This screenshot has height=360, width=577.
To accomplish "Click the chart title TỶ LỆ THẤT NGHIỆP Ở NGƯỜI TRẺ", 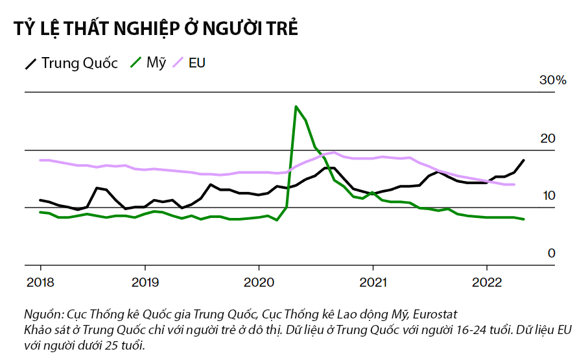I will [x=156, y=29].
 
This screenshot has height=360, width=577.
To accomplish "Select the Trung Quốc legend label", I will [x=80, y=63].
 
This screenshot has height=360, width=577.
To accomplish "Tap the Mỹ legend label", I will [x=156, y=63].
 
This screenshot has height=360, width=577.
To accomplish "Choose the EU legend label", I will [x=196, y=63].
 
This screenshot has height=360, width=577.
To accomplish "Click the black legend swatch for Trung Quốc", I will [x=31, y=64].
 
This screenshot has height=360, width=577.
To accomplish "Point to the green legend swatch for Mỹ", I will [x=135, y=63].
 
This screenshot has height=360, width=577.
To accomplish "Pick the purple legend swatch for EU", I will [x=178, y=63].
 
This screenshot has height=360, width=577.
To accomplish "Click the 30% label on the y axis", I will [x=552, y=80].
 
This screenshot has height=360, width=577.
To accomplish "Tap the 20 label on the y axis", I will [x=548, y=138].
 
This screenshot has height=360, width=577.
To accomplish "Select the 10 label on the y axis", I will [x=548, y=195].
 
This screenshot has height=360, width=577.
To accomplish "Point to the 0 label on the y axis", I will [x=552, y=253].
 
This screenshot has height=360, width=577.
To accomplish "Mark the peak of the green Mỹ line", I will [x=296, y=106].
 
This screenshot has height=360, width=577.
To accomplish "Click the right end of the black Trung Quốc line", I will [x=524, y=160].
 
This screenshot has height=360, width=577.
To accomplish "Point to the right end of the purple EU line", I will [x=514, y=185].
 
